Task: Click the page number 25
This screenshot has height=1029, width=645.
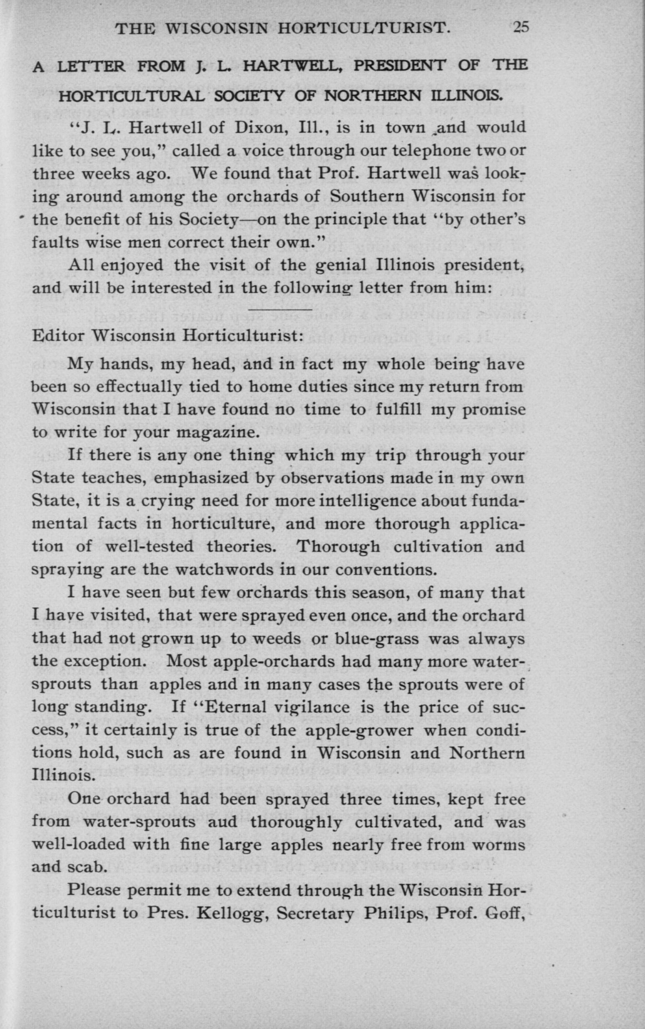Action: (521, 28)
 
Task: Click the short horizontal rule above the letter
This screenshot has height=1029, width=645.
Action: (280, 309)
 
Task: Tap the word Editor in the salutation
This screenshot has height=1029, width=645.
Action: (58, 335)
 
